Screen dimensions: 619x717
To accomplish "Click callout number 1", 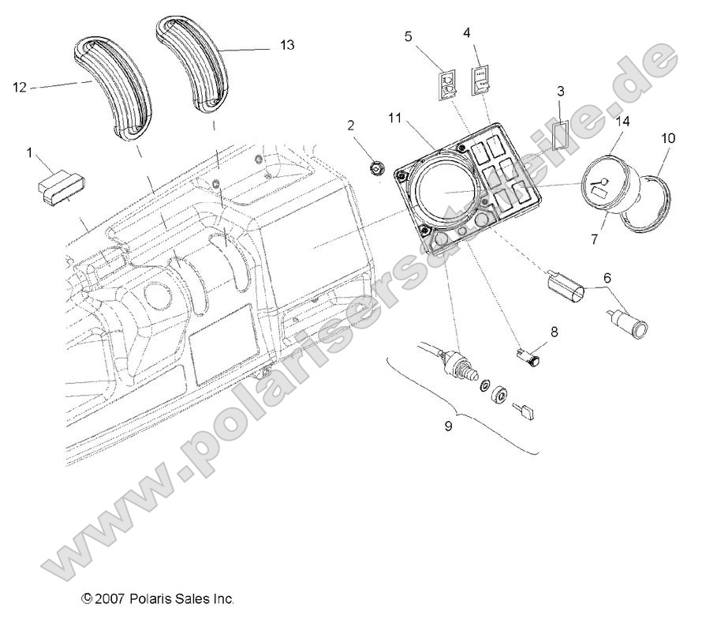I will (31, 152).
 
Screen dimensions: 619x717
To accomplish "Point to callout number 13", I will (287, 46).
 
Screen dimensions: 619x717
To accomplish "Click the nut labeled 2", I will (379, 167).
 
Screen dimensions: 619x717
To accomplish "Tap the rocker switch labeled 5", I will (447, 84).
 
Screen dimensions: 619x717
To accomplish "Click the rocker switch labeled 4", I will (482, 80).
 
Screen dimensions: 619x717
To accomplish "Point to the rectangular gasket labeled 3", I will (560, 133).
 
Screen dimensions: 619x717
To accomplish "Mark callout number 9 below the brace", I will (449, 426).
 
